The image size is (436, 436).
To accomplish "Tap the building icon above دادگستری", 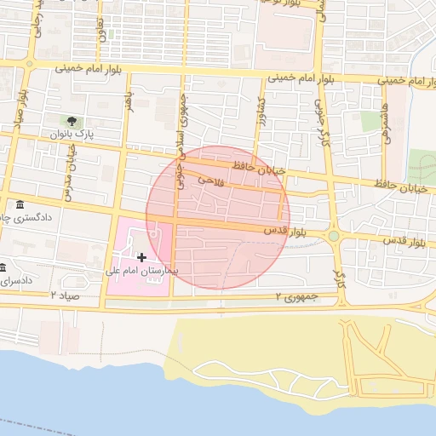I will tap(20, 204).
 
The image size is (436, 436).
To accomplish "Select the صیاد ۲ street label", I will tap(65, 295).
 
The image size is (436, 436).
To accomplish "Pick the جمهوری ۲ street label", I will tap(296, 296).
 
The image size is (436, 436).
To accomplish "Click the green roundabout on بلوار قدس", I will tap(334, 237).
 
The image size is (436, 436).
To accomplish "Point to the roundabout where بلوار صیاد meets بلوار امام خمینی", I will tap(31, 63).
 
